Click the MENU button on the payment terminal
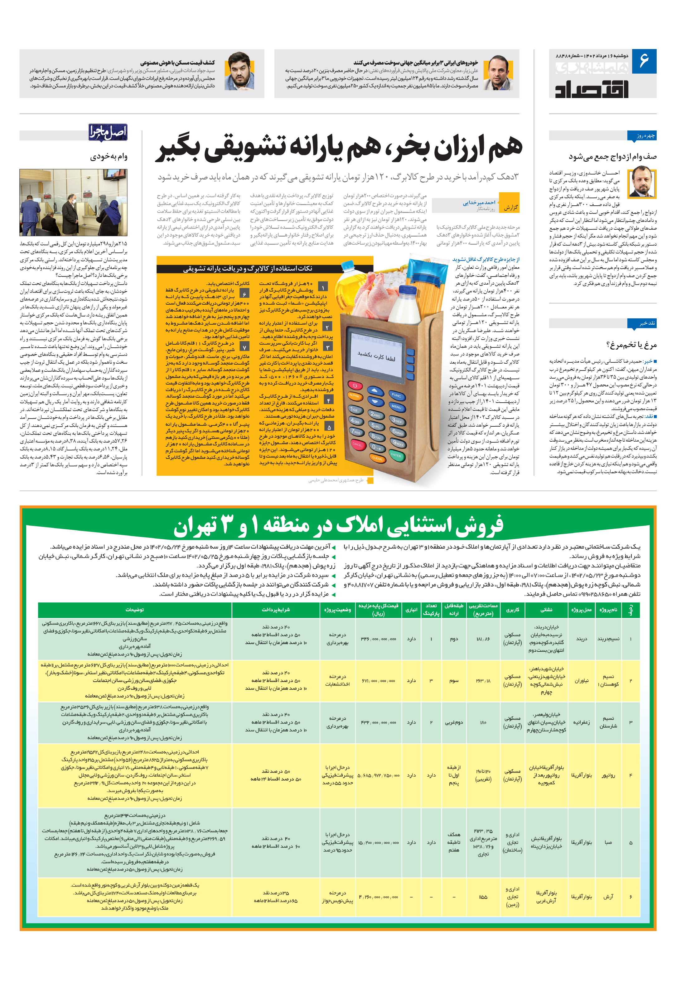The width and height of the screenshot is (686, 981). point(396,407)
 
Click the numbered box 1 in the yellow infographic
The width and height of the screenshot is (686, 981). point(324,287)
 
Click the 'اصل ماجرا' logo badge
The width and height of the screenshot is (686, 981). point(108,132)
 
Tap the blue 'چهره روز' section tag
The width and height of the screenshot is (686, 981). point(642,136)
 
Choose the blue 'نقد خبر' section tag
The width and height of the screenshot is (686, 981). point(642,323)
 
